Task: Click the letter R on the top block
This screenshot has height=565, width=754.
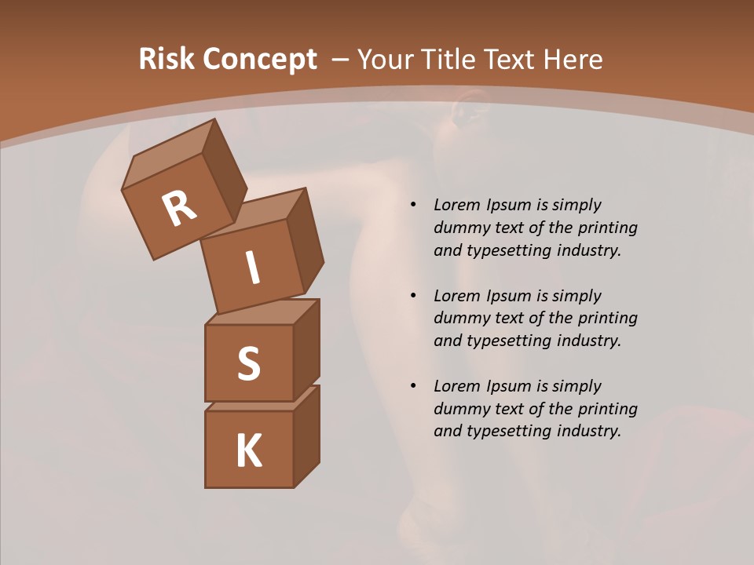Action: pyautogui.click(x=180, y=209)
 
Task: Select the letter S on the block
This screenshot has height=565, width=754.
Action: pyautogui.click(x=248, y=363)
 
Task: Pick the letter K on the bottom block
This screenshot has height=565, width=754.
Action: pyautogui.click(x=248, y=450)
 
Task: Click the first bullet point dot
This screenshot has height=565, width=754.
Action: pyautogui.click(x=412, y=205)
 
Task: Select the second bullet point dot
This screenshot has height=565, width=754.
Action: pyautogui.click(x=412, y=296)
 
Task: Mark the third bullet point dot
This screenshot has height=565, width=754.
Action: pyautogui.click(x=412, y=386)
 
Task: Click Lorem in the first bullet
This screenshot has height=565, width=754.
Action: pyautogui.click(x=454, y=205)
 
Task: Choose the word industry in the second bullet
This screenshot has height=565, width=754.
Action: pyautogui.click(x=587, y=341)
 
